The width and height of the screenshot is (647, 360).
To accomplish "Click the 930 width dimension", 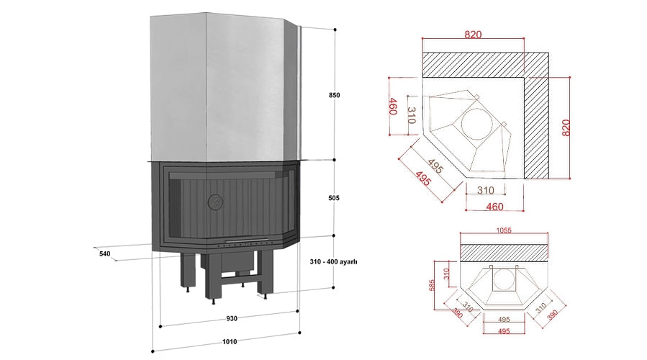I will pos(231,318).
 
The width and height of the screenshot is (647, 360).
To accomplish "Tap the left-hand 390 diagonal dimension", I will pos(456,315).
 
